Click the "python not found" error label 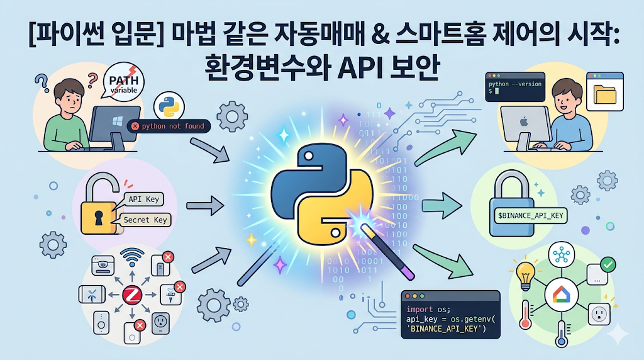click(168, 127)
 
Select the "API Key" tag click(144, 199)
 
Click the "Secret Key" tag click(145, 220)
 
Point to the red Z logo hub click(132, 294)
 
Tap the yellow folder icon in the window click(605, 95)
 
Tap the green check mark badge click(608, 264)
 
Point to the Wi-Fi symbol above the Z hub click(131, 259)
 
